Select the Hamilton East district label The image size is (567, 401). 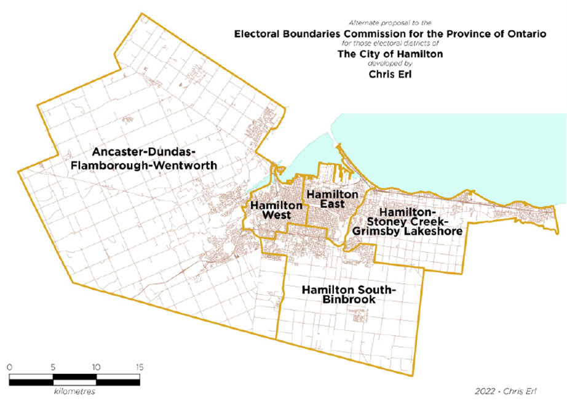(x=333, y=199)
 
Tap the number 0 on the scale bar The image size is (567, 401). (x=10, y=367)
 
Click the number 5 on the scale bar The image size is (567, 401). (x=53, y=367)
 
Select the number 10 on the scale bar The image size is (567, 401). (x=96, y=367)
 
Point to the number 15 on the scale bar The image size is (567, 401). (x=140, y=367)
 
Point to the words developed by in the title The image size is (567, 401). (x=388, y=64)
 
